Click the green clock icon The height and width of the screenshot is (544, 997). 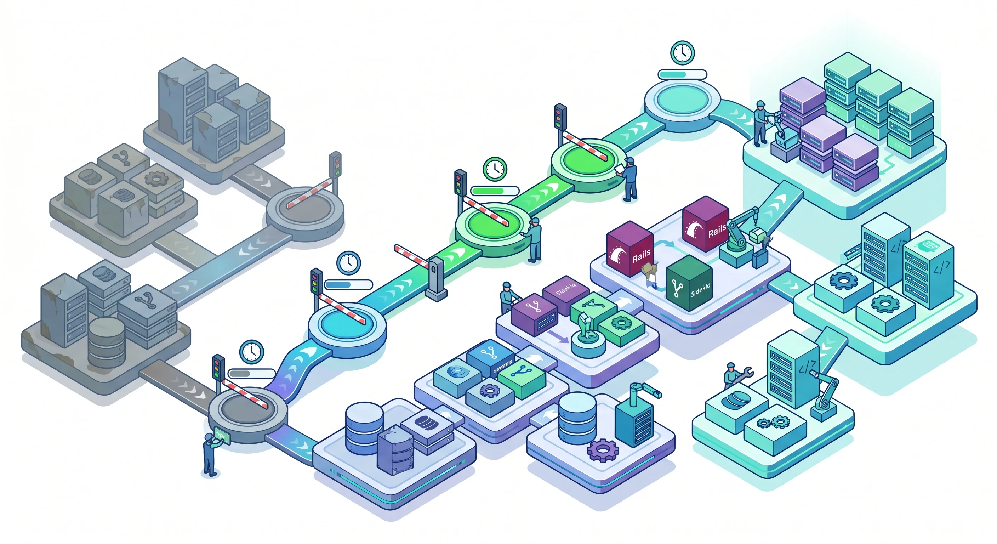click(x=495, y=169)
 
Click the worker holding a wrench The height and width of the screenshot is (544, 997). click(x=731, y=375)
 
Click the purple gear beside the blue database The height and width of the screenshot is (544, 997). click(x=603, y=450)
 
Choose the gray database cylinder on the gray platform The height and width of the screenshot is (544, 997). click(x=107, y=343)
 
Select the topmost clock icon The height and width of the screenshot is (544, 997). click(x=682, y=52)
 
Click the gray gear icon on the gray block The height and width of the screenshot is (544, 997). click(x=156, y=179)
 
